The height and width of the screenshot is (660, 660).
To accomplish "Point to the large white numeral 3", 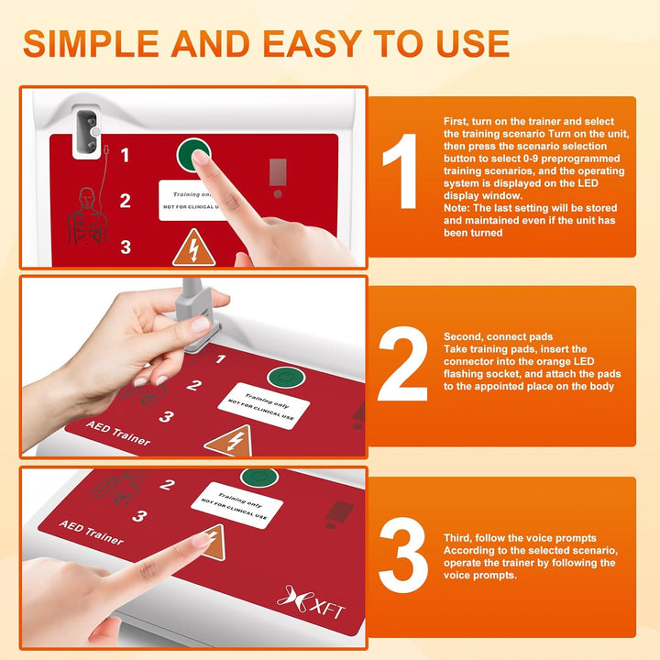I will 402,550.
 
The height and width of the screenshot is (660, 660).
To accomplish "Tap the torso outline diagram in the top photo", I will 89,214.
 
